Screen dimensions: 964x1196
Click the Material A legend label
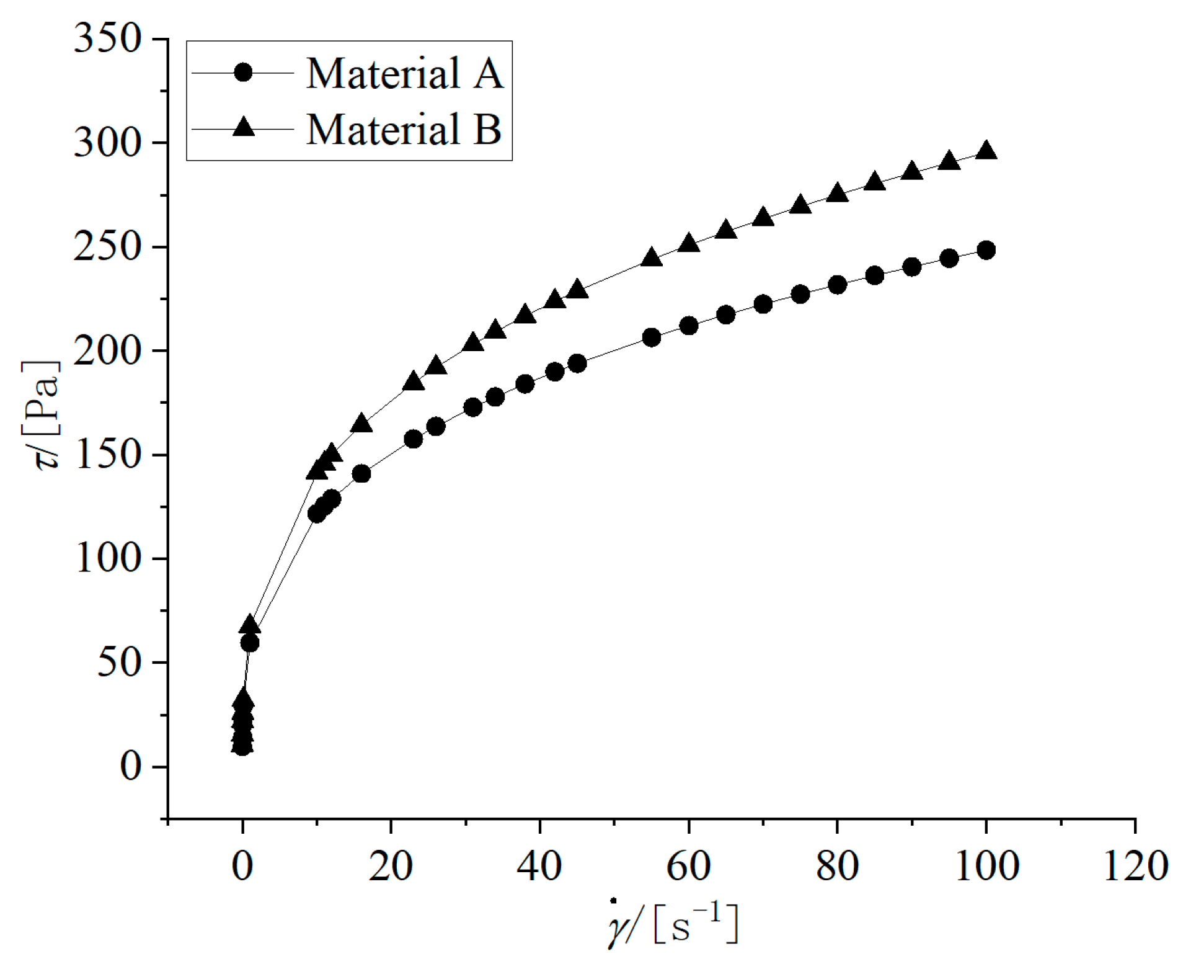pos(404,73)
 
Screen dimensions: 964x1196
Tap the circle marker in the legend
pos(243,73)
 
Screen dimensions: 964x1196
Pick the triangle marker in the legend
pos(243,128)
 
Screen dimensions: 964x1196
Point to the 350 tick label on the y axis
pos(108,38)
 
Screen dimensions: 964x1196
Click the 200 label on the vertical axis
pos(108,351)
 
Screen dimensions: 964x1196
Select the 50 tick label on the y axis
pos(120,663)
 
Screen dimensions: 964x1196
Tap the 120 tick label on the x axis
pos(1135,865)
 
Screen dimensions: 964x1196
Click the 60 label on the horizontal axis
pos(688,865)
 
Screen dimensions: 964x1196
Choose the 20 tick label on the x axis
pos(391,865)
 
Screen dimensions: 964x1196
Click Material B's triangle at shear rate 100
pos(986,151)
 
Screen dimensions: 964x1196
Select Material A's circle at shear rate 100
pos(986,250)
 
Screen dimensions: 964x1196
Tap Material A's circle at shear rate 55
pos(651,337)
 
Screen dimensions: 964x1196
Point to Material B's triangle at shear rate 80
pos(837,193)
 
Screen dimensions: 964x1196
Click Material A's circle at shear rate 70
pos(763,304)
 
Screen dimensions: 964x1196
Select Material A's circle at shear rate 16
pos(361,474)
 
